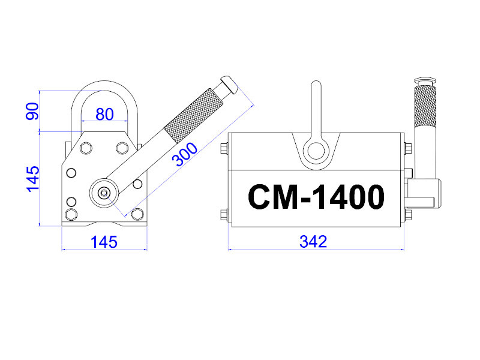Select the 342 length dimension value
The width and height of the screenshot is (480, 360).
point(313,242)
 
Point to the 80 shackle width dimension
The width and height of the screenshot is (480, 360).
point(104,113)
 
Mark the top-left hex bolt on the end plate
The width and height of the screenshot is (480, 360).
point(86,148)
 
